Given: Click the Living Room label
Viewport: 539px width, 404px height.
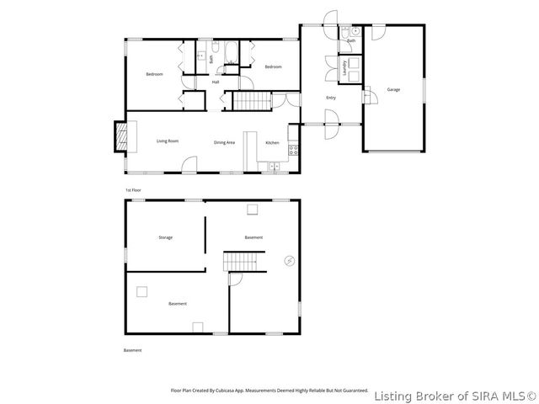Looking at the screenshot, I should coord(168,141).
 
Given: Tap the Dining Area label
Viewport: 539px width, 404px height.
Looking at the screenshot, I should coord(224,143).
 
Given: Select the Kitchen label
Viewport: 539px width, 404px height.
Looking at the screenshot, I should coord(272,143).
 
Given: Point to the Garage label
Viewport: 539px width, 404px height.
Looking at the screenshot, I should coord(393,89).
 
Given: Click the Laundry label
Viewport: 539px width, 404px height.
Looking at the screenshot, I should coord(345,69).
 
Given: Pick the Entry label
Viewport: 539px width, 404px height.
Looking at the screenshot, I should coord(331,98).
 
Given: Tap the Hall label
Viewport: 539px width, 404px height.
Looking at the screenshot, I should coord(216,82).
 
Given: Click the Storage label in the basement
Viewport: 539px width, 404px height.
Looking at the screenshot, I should coord(165,237).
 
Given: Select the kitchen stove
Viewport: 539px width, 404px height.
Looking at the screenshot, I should coord(293,151).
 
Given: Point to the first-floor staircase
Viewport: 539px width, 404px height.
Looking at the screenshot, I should coord(250,102).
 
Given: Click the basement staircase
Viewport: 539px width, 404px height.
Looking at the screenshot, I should coord(243,261).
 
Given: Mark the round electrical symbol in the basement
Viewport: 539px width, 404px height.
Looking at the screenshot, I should coord(290,261).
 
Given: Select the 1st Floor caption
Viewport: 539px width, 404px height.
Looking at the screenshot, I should coord(133,190).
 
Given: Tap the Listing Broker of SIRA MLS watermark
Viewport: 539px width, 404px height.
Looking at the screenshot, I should coord(454,395).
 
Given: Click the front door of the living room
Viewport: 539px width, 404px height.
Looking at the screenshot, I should coord(191,165).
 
